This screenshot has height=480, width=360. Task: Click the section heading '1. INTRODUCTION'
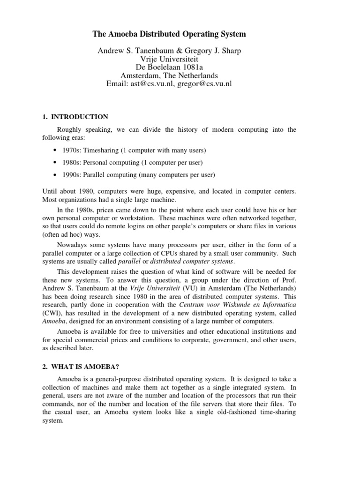76,117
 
